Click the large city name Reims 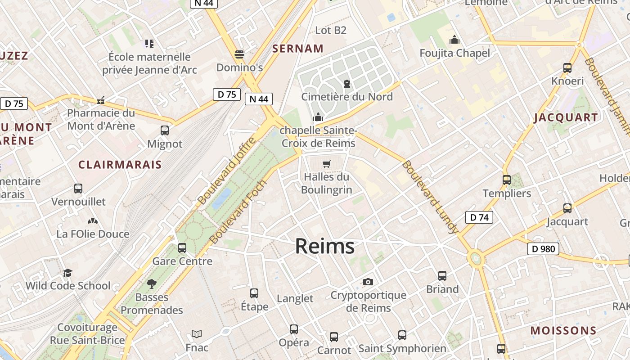[324, 246]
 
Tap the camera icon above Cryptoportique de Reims [368, 282]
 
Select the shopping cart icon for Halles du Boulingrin [327, 164]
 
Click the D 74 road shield [479, 217]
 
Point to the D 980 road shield [543, 249]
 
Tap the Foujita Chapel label [454, 53]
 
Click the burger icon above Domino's [239, 54]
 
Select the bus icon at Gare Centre [182, 248]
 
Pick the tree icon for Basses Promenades [152, 284]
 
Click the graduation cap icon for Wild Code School [67, 273]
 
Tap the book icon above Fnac [197, 334]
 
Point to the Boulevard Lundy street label [430, 197]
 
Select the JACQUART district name [566, 118]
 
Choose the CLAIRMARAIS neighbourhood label [120, 165]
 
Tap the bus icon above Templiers [507, 180]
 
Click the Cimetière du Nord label [346, 97]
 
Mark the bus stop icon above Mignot [165, 131]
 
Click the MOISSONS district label [563, 331]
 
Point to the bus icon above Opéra [294, 329]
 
